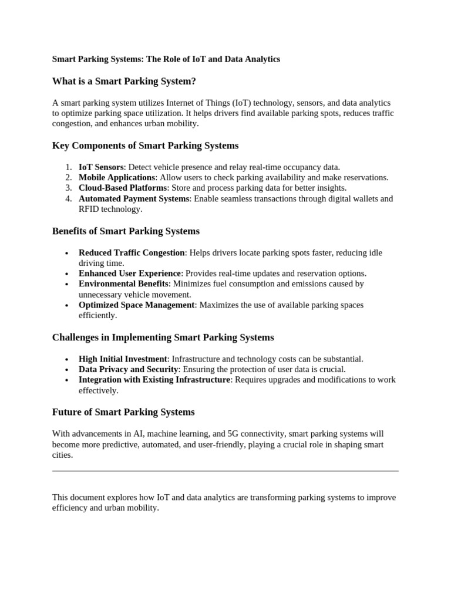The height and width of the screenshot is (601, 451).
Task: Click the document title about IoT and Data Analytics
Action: (166, 59)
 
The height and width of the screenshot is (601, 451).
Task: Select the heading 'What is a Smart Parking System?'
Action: (123, 81)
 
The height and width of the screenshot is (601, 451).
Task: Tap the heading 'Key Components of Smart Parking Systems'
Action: (145, 146)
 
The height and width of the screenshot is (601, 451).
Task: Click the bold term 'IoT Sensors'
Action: (101, 167)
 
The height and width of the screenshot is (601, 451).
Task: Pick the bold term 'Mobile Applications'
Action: (117, 177)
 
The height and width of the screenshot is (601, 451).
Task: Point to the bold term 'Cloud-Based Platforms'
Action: (123, 188)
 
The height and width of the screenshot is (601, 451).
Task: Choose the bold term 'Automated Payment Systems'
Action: (134, 199)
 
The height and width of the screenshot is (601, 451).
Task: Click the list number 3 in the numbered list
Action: (68, 188)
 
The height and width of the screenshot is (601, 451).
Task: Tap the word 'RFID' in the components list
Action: (90, 209)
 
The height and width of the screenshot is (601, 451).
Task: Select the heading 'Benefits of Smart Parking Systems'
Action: (126, 231)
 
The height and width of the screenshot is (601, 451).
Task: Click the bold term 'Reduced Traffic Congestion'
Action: (132, 253)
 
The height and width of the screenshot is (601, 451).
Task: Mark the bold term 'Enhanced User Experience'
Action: (130, 274)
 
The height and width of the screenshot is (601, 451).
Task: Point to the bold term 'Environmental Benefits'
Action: (123, 284)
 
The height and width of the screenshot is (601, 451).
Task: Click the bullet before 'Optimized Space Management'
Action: (67, 306)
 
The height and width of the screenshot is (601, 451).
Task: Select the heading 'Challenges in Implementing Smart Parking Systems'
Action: (163, 337)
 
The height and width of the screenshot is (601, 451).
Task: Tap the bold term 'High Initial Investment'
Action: (123, 359)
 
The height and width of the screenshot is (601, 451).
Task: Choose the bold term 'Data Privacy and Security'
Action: (128, 369)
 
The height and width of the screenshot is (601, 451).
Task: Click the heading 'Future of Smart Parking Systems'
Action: (123, 412)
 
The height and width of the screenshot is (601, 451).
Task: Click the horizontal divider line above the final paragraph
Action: (225, 471)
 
